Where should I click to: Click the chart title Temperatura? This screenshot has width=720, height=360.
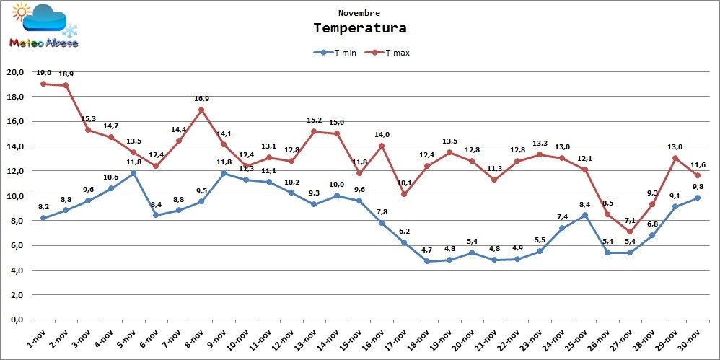pos(359,28)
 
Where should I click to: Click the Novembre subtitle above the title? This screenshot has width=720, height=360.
pos(359,13)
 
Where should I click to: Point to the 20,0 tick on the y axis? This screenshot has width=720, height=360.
pos(16,72)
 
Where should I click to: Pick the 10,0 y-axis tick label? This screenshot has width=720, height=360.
pos(16,196)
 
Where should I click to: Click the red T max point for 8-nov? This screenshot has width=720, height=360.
pos(201,110)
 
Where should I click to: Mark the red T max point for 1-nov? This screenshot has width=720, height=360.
pos(43,84)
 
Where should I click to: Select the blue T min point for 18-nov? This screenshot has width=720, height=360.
pos(427,261)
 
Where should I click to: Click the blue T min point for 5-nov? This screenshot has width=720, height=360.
pos(133,173)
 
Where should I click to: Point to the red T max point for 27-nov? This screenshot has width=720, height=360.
pos(630,232)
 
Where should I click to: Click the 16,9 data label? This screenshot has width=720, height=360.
pos(201,99)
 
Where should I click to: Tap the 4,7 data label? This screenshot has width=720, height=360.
pos(427,250)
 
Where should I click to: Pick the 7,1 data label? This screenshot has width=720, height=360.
pos(630,221)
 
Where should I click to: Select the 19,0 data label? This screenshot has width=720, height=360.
pos(43,73)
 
